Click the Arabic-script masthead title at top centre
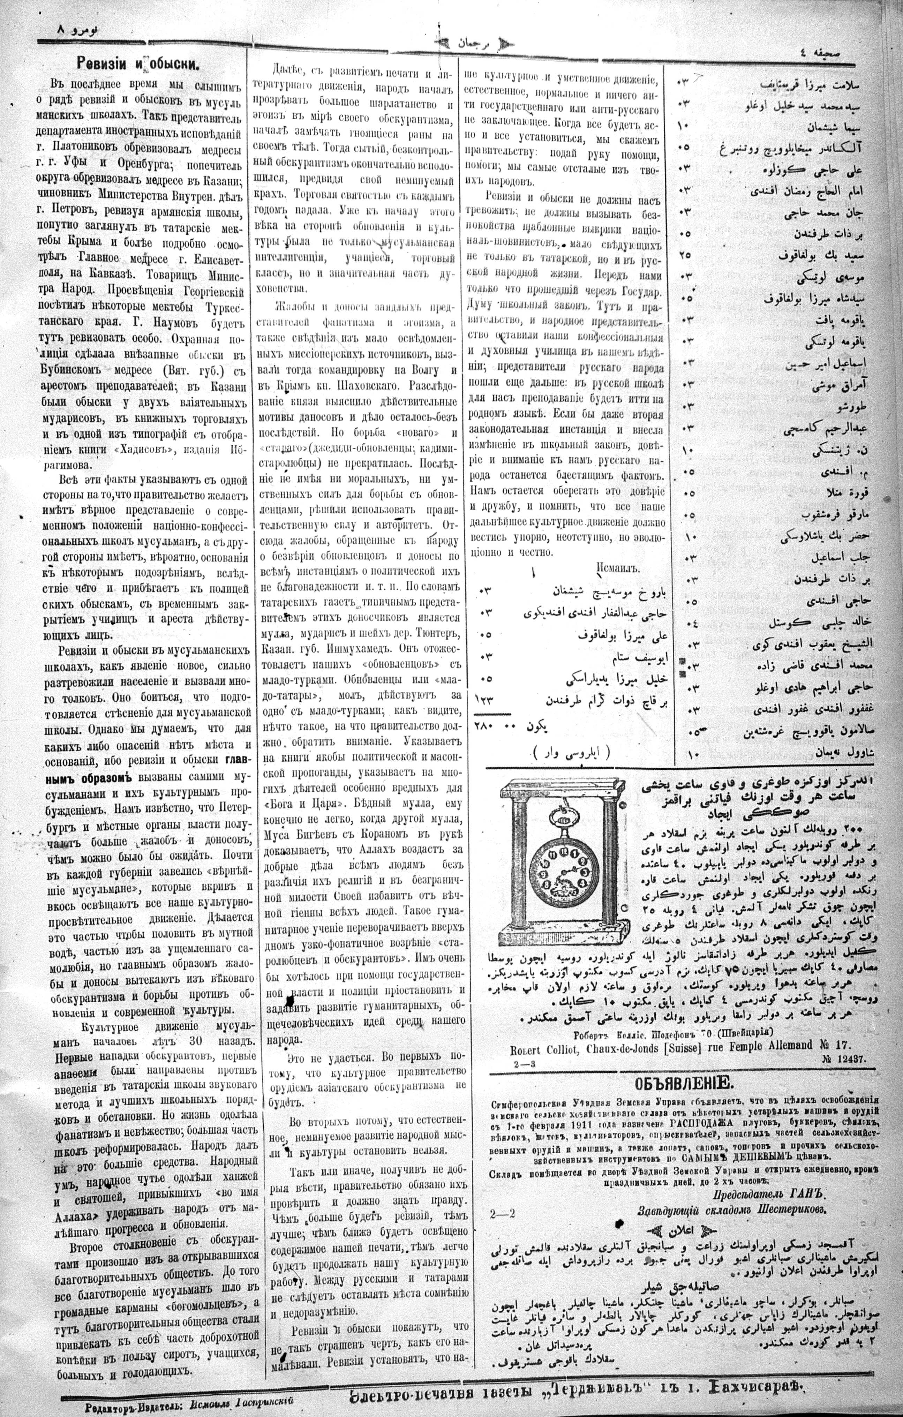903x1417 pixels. [x=469, y=42]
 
